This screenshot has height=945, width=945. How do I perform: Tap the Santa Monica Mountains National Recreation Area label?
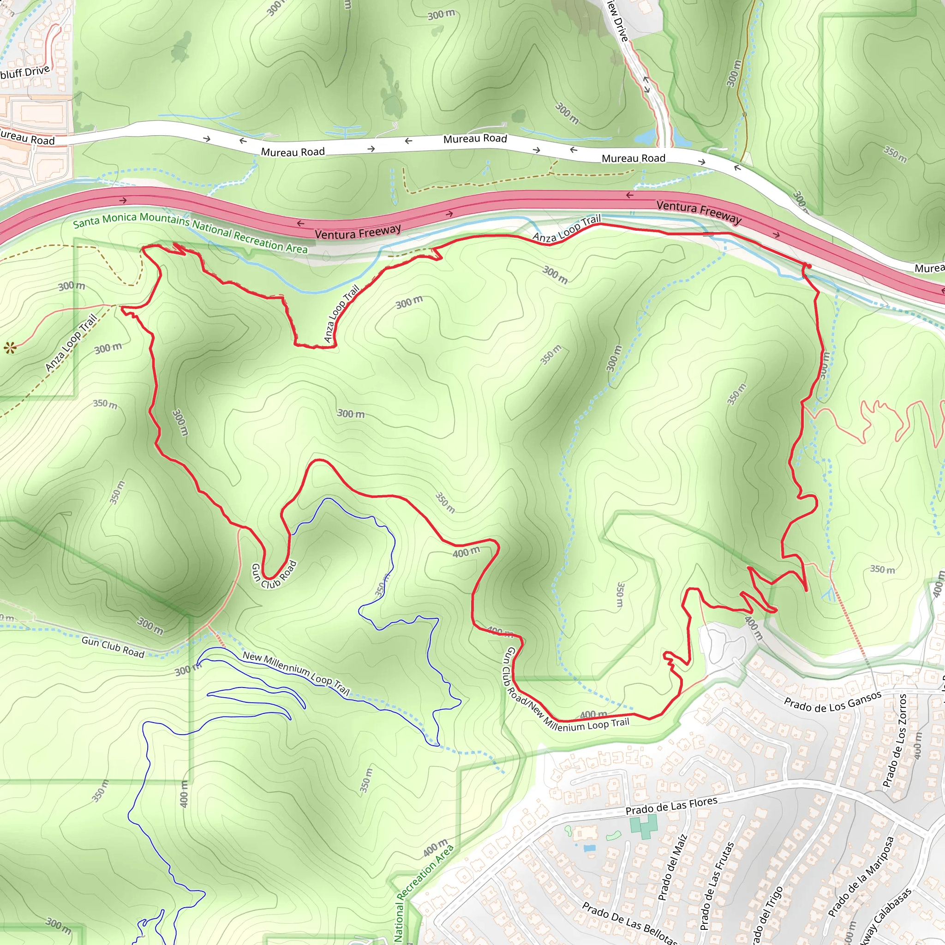point(190,233)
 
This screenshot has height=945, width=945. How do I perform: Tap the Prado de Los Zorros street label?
point(895,741)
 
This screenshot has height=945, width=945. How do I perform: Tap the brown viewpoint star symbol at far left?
point(10,348)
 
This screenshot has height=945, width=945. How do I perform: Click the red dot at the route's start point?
point(809,266)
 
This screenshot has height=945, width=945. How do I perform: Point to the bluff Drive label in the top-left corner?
point(24,72)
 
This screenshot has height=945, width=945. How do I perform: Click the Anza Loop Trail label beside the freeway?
point(567,229)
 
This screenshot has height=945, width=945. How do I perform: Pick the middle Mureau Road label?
point(475,139)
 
